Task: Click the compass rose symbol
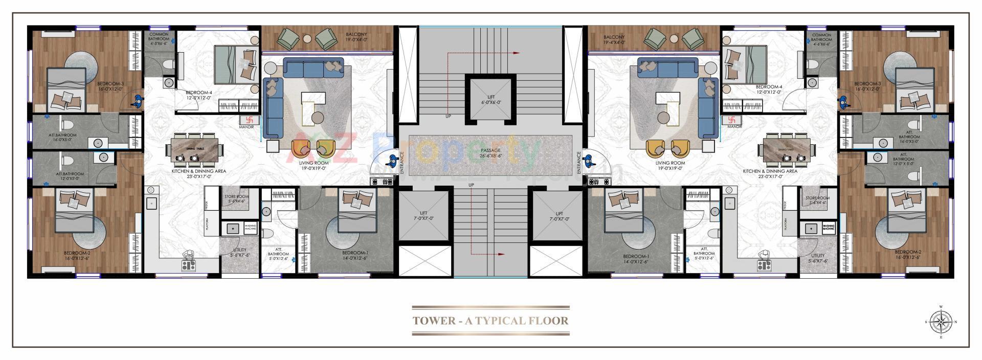pos(941,322)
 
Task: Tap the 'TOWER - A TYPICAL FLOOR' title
pos(490,321)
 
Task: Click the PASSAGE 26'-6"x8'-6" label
pos(490,153)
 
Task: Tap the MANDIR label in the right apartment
pos(734,126)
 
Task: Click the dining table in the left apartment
pos(193,149)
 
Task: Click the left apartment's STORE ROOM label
pos(237,199)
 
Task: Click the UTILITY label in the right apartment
pos(818,258)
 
